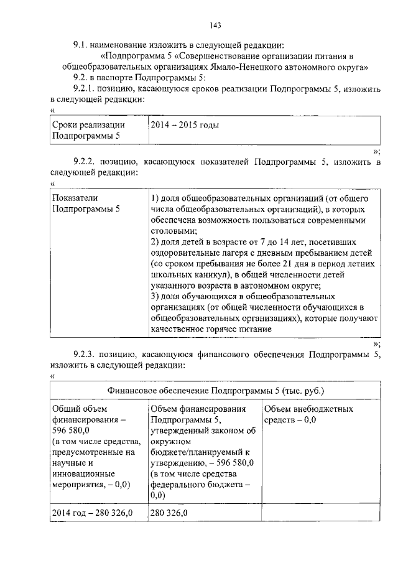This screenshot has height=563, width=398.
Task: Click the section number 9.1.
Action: tap(81, 45)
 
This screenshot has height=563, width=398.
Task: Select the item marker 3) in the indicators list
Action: tap(156, 296)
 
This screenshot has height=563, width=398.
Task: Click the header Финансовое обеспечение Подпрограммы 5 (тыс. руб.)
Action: tap(216, 391)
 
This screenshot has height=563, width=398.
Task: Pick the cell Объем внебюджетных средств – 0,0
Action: tap(308, 415)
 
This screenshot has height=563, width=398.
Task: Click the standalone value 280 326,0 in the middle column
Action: tap(170, 512)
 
